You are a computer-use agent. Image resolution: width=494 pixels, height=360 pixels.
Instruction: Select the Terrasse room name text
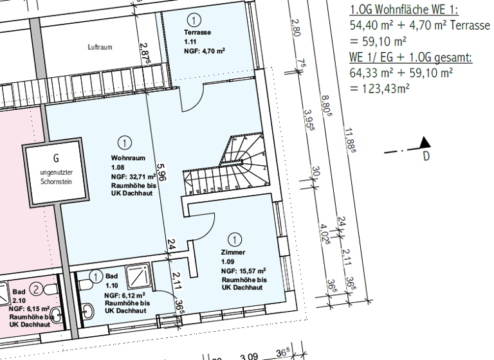pos(197,32)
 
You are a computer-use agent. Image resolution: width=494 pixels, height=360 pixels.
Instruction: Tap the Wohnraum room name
pos(127,158)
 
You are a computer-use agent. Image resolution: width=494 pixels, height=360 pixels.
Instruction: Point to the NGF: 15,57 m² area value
pos(243,271)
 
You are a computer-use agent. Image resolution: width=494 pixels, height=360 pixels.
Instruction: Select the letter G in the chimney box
pos(56,157)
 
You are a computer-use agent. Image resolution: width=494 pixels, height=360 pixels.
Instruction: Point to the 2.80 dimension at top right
pos(295,28)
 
